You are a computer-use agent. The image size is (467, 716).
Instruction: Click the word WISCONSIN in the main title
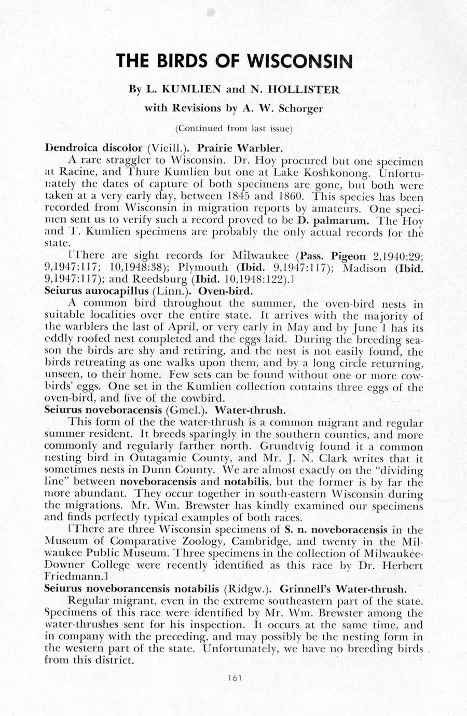click(300, 61)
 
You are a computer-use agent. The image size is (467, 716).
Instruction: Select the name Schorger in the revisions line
click(301, 108)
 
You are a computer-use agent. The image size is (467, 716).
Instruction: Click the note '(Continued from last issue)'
click(234, 128)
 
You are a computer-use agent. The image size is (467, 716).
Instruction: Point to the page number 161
click(235, 677)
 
